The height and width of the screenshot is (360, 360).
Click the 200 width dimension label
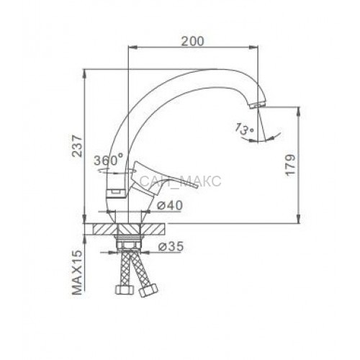point(192,41)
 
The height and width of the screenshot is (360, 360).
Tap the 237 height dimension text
point(77,146)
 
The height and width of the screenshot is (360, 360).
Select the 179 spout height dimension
point(290,166)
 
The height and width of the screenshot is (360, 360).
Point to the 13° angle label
point(244,130)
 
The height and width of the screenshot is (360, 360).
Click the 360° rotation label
point(109,160)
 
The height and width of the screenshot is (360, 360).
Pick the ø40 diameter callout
point(169,205)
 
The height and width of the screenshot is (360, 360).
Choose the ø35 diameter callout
point(171,246)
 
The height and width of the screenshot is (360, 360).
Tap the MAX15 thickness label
point(77,272)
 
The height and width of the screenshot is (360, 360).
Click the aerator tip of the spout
point(258,105)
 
